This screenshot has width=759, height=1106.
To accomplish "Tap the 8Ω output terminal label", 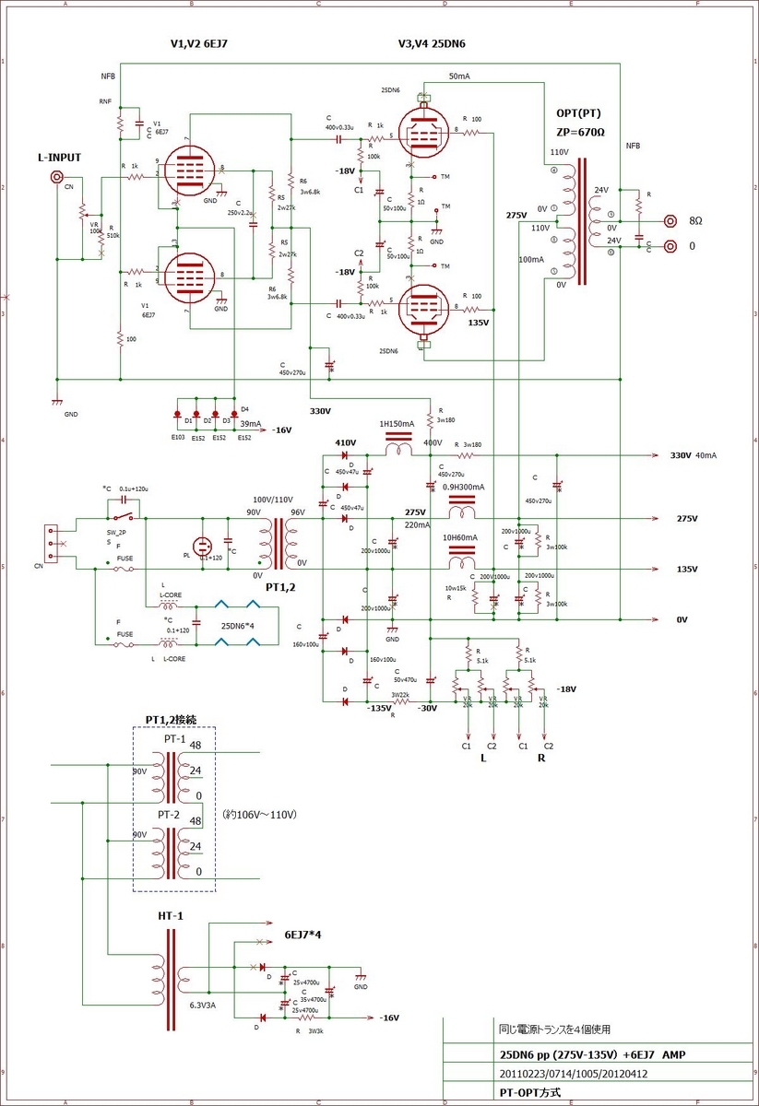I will (696, 222).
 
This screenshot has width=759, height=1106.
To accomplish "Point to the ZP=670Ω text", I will (580, 131).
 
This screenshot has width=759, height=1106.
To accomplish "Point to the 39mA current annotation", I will (250, 424).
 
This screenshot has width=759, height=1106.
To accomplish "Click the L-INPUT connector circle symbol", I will (57, 177).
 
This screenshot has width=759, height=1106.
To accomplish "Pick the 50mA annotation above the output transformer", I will (459, 76).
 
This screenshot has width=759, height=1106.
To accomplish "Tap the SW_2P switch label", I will (114, 534).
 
